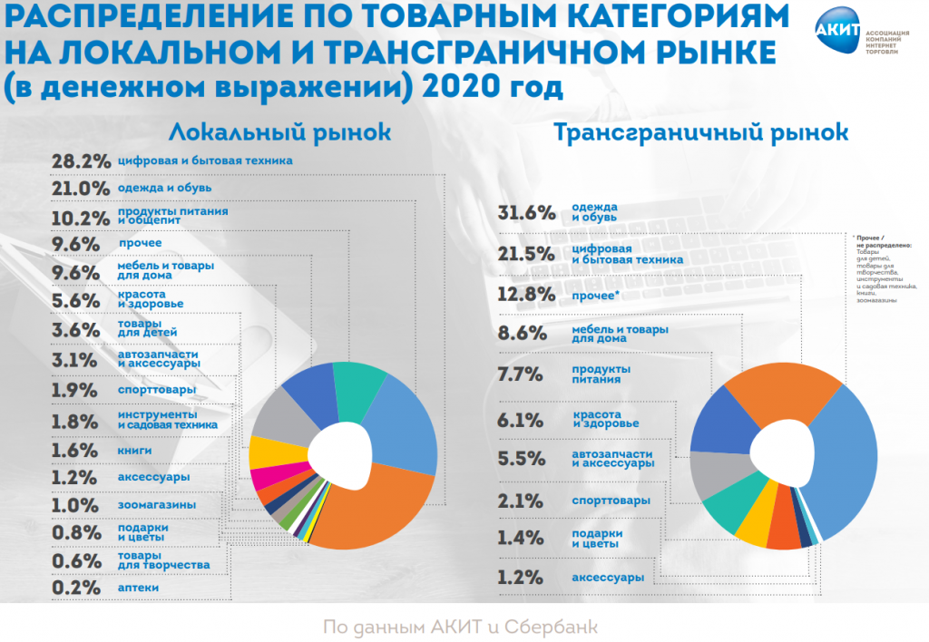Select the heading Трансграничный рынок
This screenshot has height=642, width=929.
coord(700,132)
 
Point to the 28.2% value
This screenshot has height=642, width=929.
coord(82,161)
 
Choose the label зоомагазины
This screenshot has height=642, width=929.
coord(157,505)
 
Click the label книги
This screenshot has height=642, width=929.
coord(135,451)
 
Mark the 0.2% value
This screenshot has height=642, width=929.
coord(76,588)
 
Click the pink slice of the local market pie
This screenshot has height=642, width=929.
coord(271,477)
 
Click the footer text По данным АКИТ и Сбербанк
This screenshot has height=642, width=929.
coord(460,627)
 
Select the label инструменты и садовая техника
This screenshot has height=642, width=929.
coord(168,420)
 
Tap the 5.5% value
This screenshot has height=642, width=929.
coord(521,459)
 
